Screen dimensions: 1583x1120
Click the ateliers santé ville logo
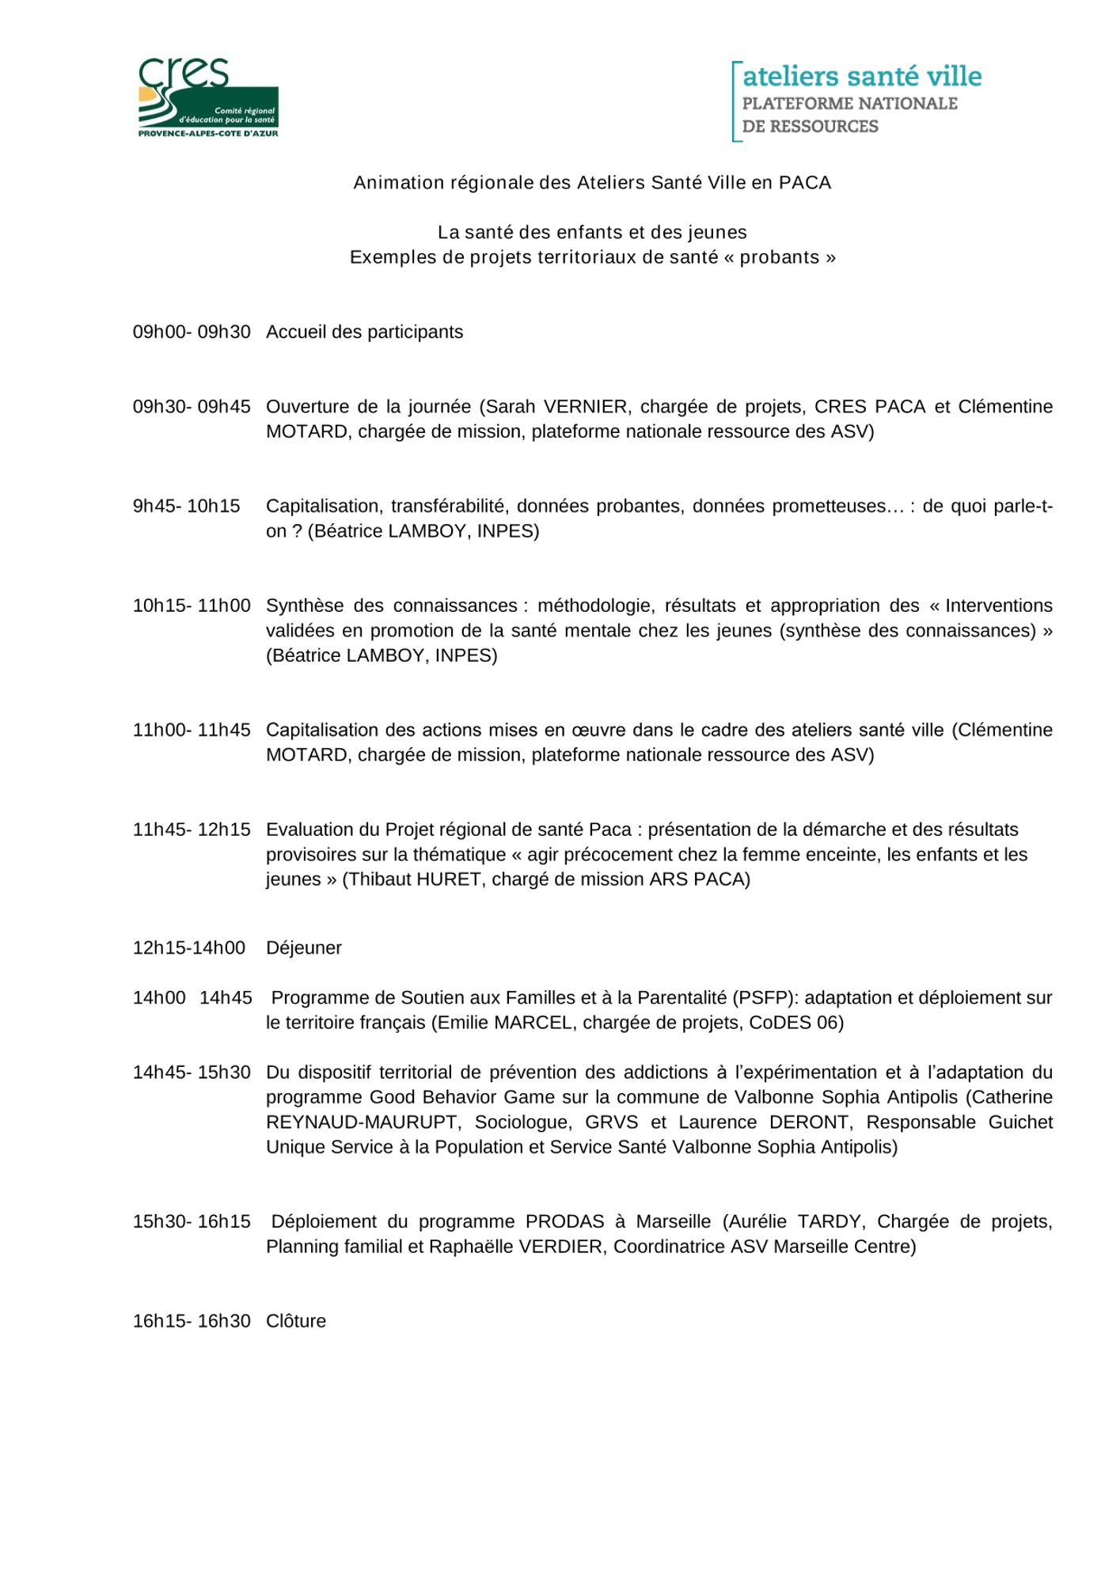[856, 101]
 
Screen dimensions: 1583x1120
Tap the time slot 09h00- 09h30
[191, 332]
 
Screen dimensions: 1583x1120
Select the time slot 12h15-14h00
[188, 947]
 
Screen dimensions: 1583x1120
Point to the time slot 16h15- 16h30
[191, 1321]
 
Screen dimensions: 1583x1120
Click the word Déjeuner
[304, 947]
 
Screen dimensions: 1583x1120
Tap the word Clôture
[296, 1321]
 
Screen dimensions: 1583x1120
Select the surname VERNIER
[586, 406]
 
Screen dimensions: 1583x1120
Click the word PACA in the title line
[804, 183]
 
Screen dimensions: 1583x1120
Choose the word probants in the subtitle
[779, 257]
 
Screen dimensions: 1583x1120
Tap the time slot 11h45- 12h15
[191, 829]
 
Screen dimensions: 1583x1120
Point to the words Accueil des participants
[365, 332]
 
